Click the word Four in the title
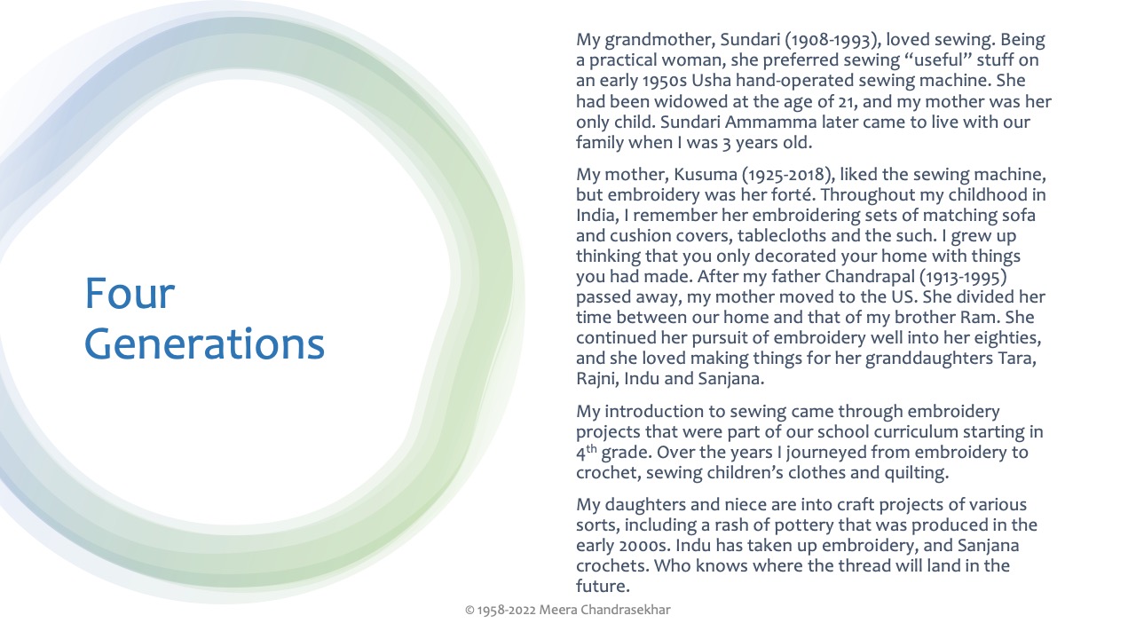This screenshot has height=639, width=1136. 130,294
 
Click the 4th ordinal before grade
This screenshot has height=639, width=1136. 587,452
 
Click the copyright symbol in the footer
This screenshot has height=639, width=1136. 469,610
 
